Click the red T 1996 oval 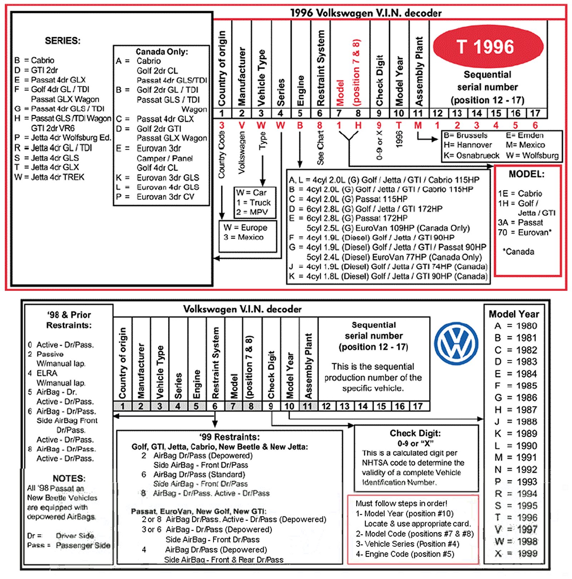pyautogui.click(x=488, y=47)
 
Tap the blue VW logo pyautogui.click(x=456, y=343)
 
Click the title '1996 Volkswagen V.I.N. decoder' pyautogui.click(x=365, y=13)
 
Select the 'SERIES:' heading pyautogui.click(x=63, y=41)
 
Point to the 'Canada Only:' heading pyautogui.click(x=162, y=51)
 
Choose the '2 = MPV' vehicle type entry pyautogui.click(x=252, y=212)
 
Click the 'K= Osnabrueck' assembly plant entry pyautogui.click(x=471, y=155)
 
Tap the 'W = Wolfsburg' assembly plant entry pyautogui.click(x=532, y=155)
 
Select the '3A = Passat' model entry pyautogui.click(x=520, y=223)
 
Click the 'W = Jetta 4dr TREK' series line pyautogui.click(x=49, y=177)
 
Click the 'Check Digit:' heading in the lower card pyautogui.click(x=415, y=433)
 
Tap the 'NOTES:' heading pyautogui.click(x=69, y=478)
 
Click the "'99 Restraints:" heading pyautogui.click(x=229, y=437)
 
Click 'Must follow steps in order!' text pyautogui.click(x=401, y=503)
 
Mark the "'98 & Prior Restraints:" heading pyautogui.click(x=69, y=320)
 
